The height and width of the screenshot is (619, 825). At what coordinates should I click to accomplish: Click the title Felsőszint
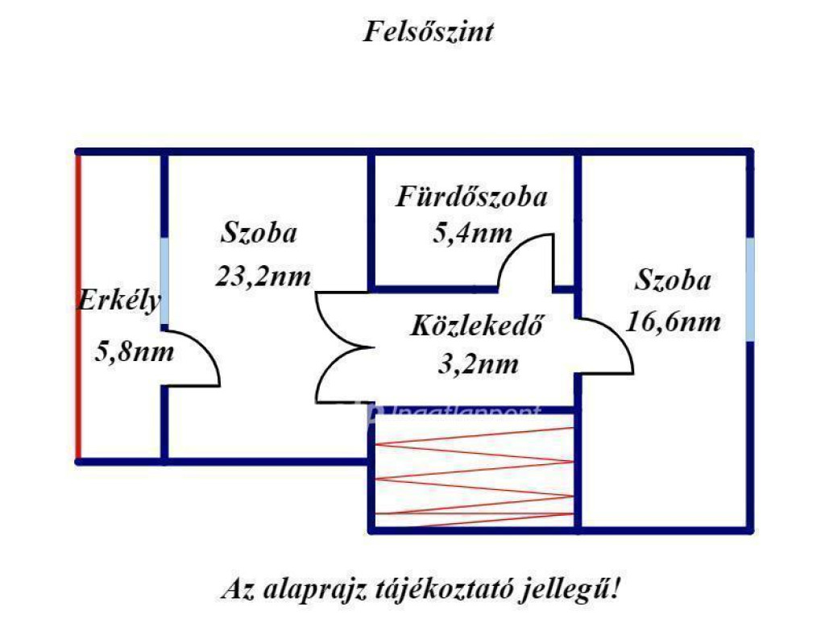(x=428, y=32)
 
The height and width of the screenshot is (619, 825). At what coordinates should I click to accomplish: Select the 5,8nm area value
(x=134, y=351)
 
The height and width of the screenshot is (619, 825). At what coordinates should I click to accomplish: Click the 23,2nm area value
(x=263, y=276)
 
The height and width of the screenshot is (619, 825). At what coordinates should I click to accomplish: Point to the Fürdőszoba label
(x=471, y=197)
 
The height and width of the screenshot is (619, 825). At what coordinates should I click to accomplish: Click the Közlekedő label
(x=475, y=327)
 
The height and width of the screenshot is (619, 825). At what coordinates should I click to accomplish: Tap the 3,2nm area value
(x=477, y=364)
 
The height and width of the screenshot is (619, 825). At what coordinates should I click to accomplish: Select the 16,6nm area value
(x=673, y=322)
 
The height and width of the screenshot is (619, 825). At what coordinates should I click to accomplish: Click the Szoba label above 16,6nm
(x=673, y=281)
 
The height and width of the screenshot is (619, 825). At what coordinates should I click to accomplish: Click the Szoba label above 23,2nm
(x=259, y=234)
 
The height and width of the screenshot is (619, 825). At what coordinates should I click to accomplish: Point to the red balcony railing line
(x=78, y=306)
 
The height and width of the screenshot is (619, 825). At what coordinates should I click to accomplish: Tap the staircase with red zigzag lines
(x=475, y=472)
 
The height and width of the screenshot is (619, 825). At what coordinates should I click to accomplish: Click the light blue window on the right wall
(x=750, y=289)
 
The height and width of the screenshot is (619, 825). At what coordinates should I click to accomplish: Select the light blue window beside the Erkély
(x=164, y=282)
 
